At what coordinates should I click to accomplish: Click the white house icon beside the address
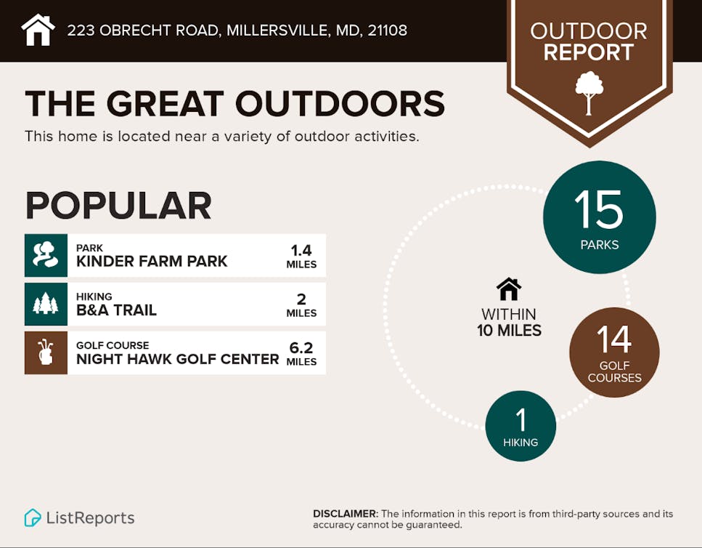[x=38, y=30]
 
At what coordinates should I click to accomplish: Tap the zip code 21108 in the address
[x=387, y=31]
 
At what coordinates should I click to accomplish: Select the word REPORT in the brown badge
[x=589, y=52]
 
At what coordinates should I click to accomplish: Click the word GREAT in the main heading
[x=166, y=103]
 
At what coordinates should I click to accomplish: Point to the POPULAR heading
[x=118, y=205]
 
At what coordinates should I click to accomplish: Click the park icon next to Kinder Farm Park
[x=46, y=255]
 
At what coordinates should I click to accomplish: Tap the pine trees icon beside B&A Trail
[x=46, y=303]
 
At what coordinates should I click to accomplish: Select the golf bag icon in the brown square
[x=46, y=352]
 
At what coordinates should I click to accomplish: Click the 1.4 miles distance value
[x=301, y=256]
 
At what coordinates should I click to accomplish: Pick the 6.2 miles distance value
[x=301, y=353]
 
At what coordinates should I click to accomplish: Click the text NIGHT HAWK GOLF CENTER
[x=178, y=359]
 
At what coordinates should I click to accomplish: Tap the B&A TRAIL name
[x=116, y=310]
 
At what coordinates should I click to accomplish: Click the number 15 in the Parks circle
[x=599, y=209]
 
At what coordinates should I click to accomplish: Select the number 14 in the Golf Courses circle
[x=614, y=339]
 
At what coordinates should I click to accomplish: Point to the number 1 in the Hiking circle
[x=521, y=419]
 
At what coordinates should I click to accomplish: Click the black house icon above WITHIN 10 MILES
[x=509, y=289]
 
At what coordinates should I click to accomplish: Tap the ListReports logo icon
[x=33, y=517]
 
